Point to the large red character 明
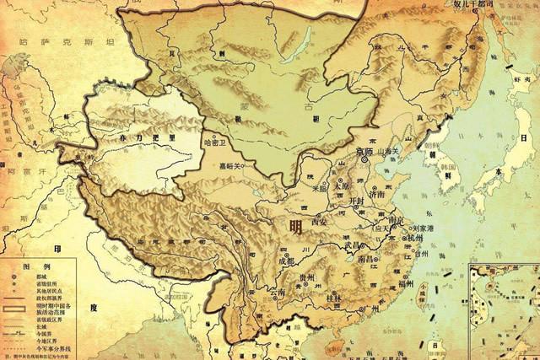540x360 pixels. pyautogui.click(x=294, y=226)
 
